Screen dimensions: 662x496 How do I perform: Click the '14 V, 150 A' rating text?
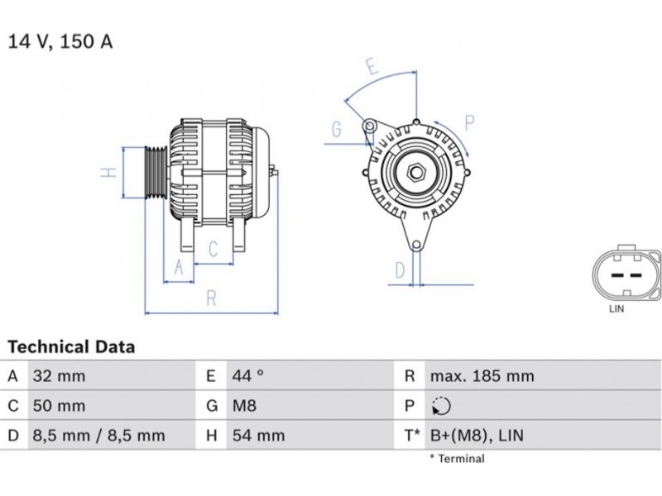click(60, 42)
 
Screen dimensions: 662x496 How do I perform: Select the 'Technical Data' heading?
click(71, 346)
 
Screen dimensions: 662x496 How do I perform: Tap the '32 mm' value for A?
click(59, 376)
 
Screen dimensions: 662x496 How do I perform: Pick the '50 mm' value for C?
click(59, 406)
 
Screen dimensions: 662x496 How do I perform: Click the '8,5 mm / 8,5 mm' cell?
click(98, 436)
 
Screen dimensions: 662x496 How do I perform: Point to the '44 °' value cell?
click(247, 376)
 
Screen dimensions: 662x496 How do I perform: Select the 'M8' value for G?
click(244, 406)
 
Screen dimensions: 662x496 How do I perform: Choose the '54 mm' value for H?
click(258, 436)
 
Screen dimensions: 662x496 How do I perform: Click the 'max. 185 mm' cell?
click(482, 376)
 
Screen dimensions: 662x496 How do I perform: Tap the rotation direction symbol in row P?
click(441, 406)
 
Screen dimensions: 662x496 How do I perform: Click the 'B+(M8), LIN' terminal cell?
click(477, 436)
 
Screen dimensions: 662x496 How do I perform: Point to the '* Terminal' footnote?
click(458, 459)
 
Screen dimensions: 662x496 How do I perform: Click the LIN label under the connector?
click(616, 308)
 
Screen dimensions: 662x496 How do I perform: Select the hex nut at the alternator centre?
click(416, 172)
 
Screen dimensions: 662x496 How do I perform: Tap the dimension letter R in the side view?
click(212, 298)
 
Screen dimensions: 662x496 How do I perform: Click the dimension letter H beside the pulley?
click(109, 172)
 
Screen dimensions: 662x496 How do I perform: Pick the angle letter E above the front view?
click(371, 67)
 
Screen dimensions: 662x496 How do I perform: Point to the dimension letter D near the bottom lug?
click(400, 270)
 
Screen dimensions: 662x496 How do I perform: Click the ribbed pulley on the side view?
click(156, 172)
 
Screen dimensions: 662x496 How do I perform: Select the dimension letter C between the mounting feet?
click(213, 249)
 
